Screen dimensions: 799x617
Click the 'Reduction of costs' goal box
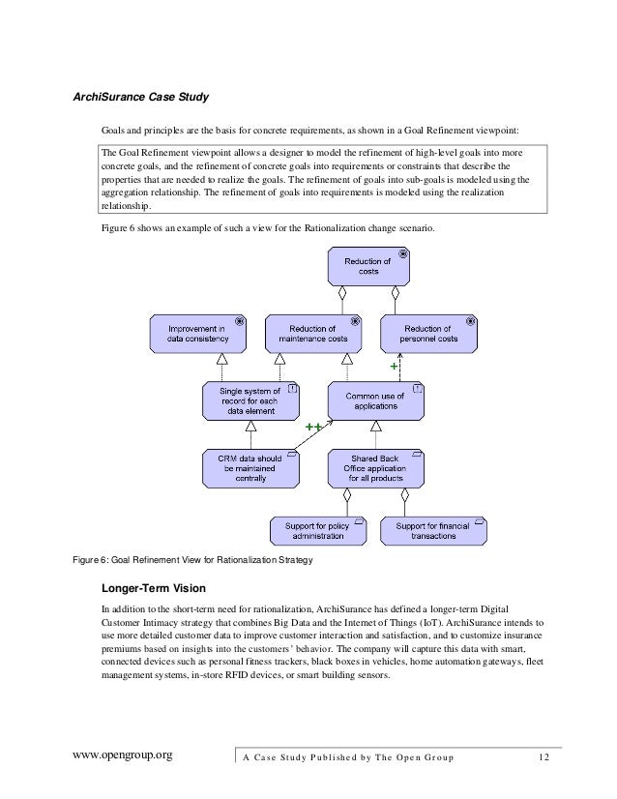[369, 266]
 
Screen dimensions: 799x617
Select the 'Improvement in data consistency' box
[198, 334]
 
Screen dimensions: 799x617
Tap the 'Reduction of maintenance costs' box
[313, 334]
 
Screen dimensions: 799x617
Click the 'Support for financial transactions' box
[434, 529]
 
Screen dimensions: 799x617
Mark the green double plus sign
[313, 427]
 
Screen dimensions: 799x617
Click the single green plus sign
[394, 368]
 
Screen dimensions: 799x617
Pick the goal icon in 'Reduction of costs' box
[403, 253]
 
